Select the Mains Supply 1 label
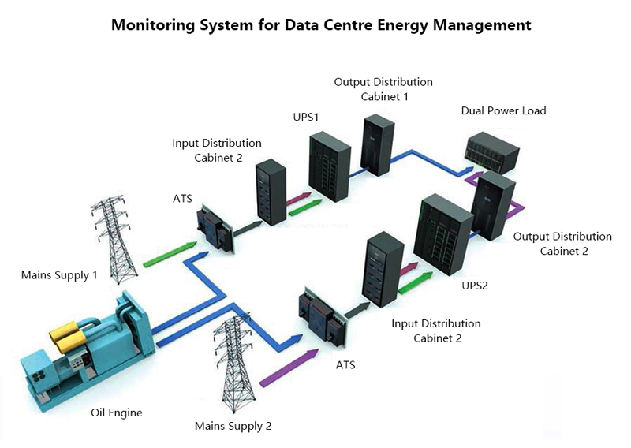59,275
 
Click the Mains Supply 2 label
233,426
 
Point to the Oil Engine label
116,412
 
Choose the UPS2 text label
475,286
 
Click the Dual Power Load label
503,110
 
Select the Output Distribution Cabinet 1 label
383,89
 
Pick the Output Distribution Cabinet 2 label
562,244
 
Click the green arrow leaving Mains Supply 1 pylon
170,254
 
